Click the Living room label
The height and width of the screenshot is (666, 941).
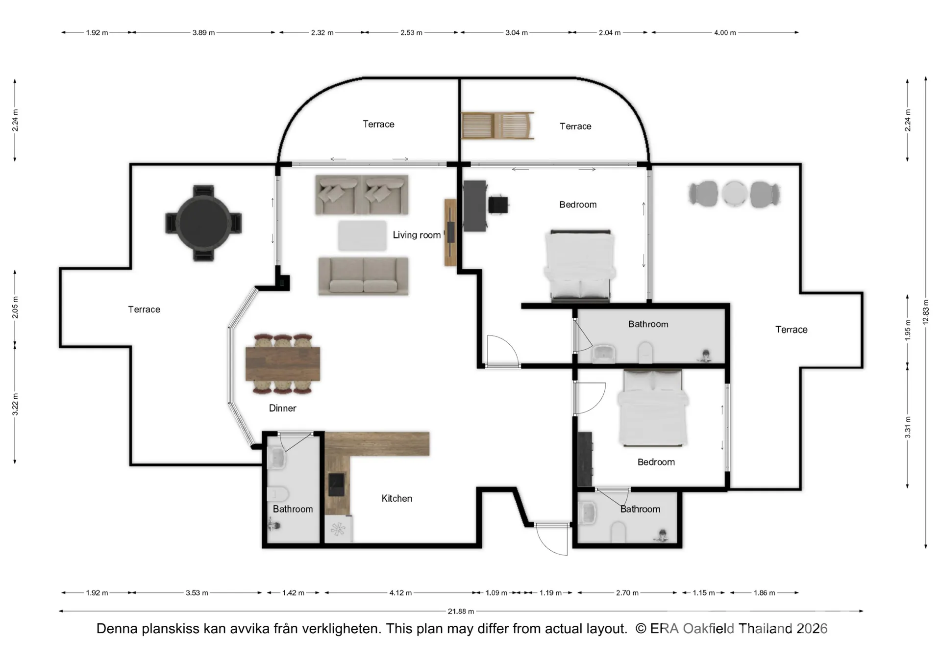coord(417,235)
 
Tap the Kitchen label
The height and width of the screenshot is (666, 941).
coord(396,498)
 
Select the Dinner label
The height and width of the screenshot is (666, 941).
coord(282,408)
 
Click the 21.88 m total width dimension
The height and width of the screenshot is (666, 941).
coord(461,611)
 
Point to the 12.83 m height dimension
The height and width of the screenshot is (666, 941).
coord(925,312)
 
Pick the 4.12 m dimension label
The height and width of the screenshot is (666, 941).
coord(400,593)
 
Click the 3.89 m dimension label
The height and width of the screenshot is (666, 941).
coord(203,32)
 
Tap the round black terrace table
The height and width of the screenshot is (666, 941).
coord(203,223)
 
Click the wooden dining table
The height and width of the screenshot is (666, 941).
coord(283,363)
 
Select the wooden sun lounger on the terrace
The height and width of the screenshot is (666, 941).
coord(497,126)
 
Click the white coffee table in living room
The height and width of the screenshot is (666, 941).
coord(362,235)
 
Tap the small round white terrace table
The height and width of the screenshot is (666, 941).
coord(734,194)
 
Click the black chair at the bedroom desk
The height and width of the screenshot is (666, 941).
coord(498,205)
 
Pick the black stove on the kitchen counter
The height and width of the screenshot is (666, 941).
coord(336,485)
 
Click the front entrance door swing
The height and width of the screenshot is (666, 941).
coord(552,539)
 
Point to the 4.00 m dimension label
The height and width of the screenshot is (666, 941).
coord(725,32)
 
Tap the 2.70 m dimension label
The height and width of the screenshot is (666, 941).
coord(627,593)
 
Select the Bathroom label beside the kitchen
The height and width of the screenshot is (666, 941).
coord(293,509)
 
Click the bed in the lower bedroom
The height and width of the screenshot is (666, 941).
coord(653,408)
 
